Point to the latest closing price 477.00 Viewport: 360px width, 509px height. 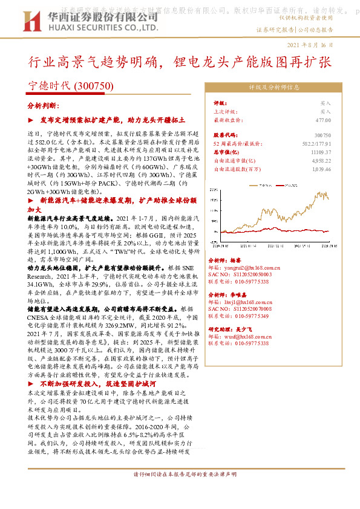coord(322,120)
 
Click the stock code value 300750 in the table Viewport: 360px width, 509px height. coord(323,135)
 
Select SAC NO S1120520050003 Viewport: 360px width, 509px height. coord(248,274)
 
